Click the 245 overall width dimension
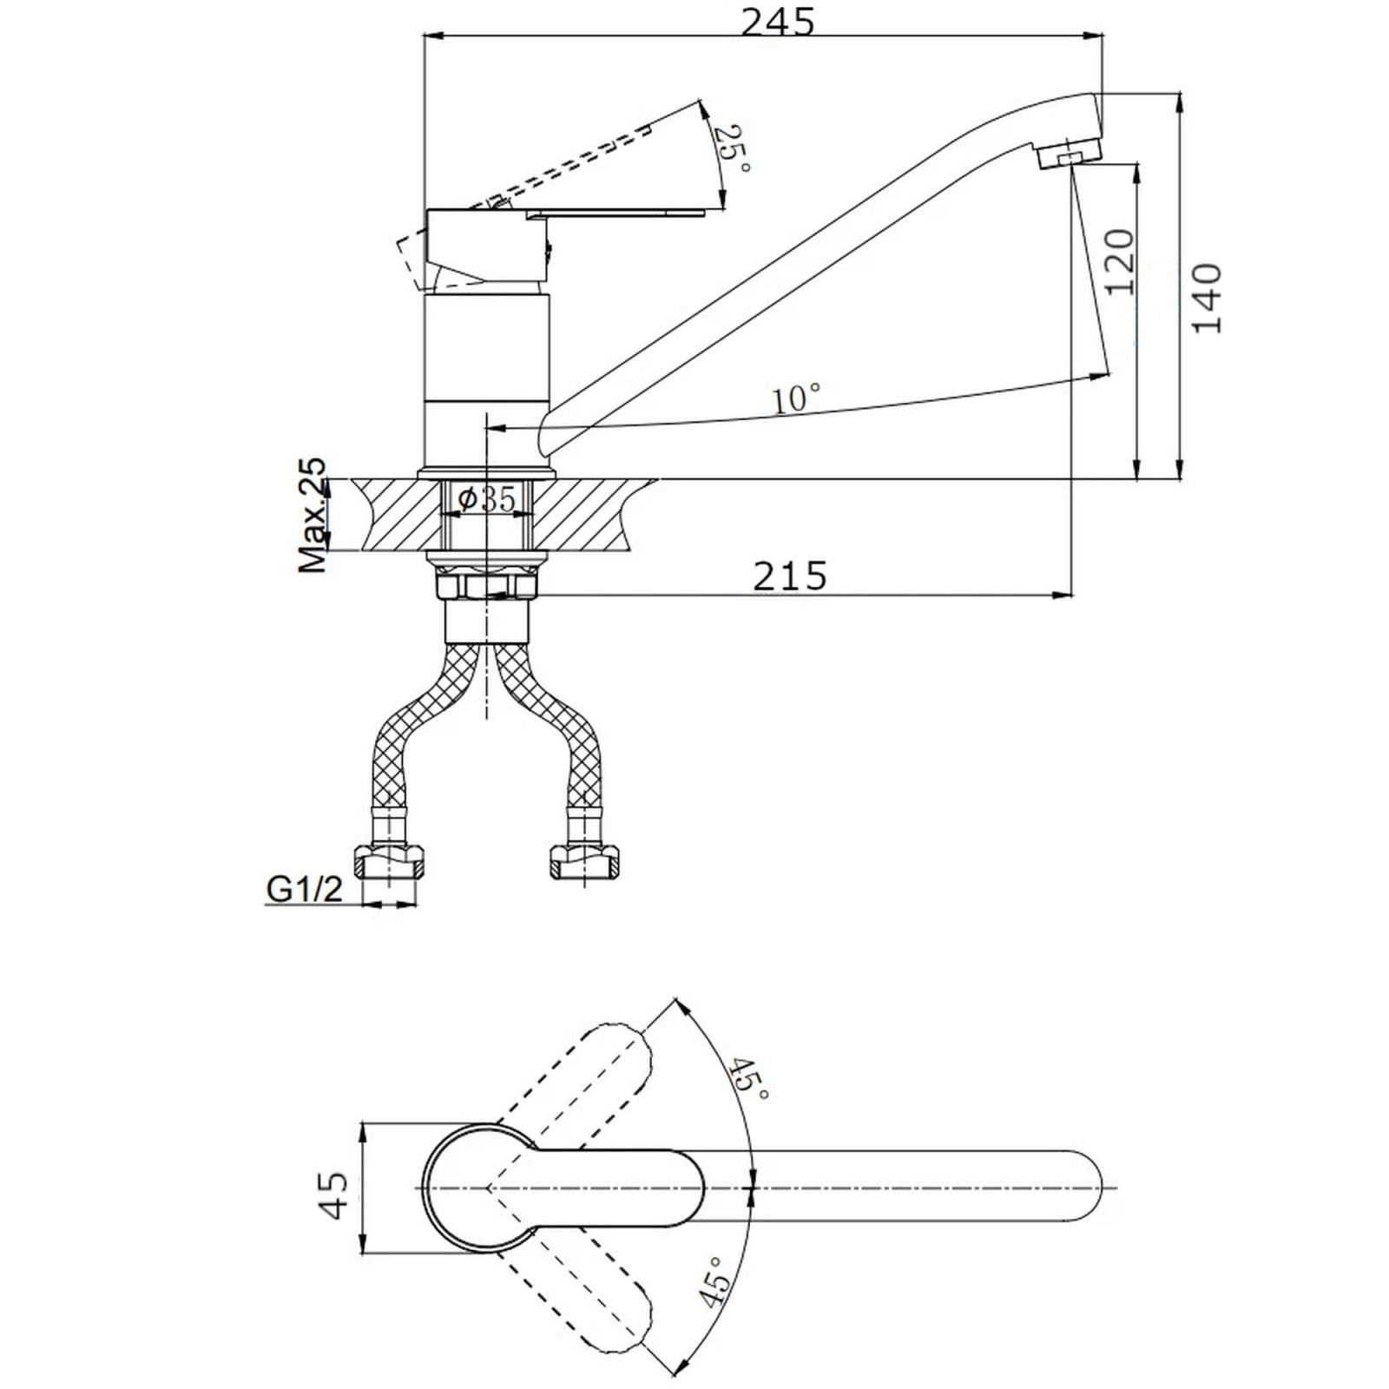point(778,22)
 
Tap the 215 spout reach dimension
point(790,576)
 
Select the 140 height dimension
point(1207,298)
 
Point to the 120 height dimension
point(1119,261)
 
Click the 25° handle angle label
point(731,148)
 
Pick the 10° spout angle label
point(796,398)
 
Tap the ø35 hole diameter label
point(486,499)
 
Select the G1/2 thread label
point(304,889)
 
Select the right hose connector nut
point(587,862)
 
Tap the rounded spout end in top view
point(1101,1188)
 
